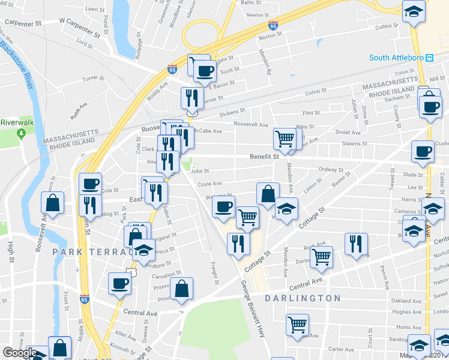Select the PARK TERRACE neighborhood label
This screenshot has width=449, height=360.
click(x=90, y=251)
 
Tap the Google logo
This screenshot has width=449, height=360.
click(x=19, y=353)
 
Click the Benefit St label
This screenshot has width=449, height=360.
click(x=265, y=157)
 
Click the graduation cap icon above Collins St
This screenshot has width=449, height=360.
click(x=414, y=12)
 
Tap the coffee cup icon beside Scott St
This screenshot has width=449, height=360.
click(x=205, y=71)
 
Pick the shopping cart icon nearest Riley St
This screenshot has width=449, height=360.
click(x=285, y=139)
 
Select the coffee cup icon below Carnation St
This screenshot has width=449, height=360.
click(x=119, y=283)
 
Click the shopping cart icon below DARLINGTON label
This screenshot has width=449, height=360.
click(x=297, y=325)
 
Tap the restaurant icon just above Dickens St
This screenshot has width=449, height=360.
click(x=191, y=98)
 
